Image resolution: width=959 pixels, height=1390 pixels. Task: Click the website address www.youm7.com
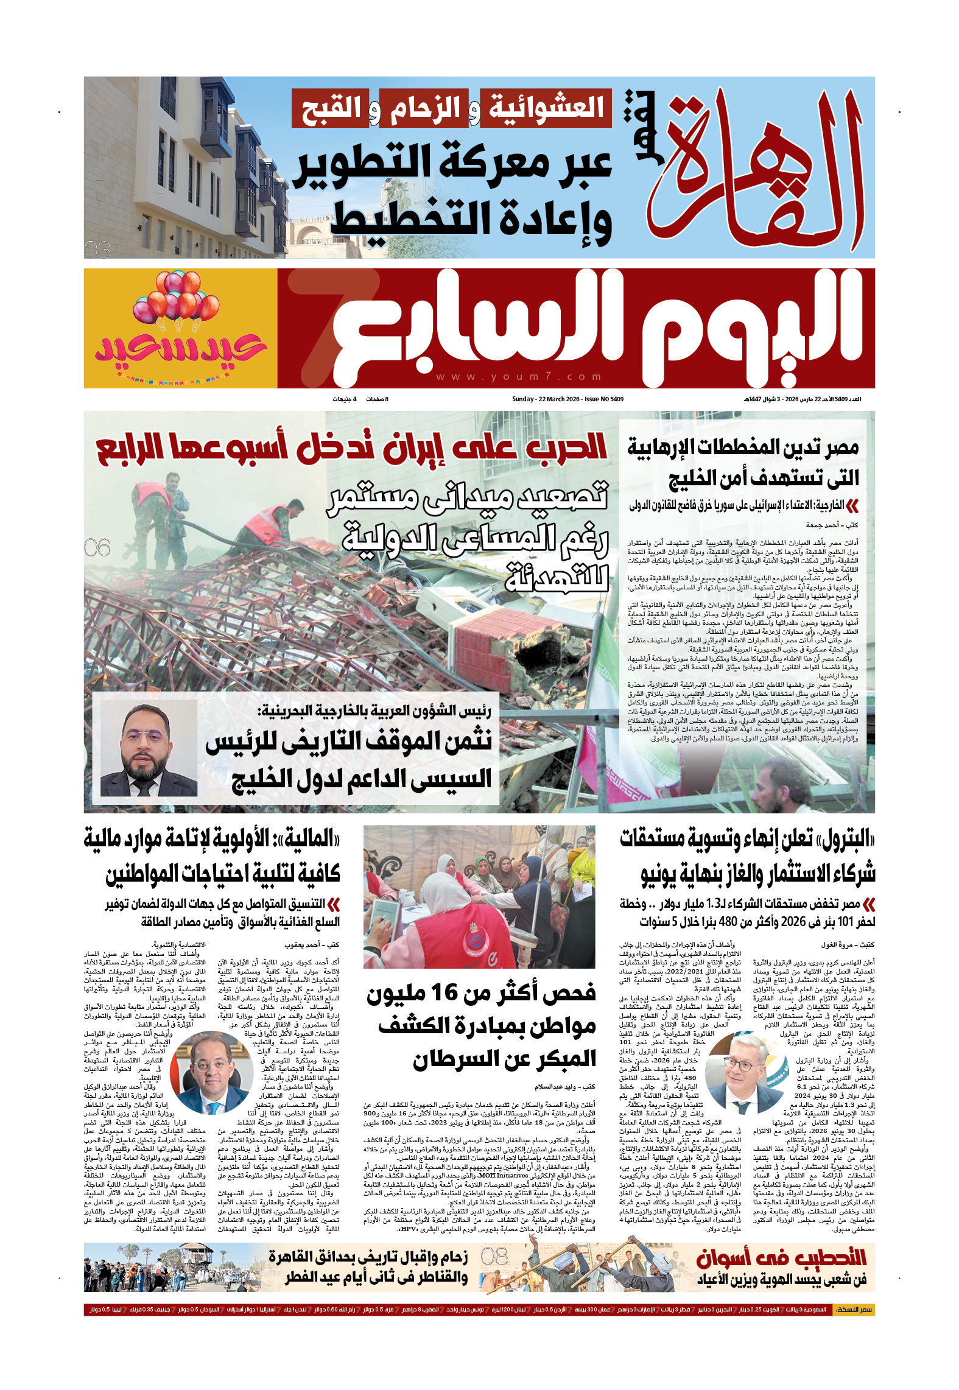(x=519, y=377)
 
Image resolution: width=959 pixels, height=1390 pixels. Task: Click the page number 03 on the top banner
(x=97, y=250)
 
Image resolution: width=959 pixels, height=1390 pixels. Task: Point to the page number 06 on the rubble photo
(x=97, y=548)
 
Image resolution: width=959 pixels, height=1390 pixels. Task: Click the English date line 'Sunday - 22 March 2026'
(x=567, y=399)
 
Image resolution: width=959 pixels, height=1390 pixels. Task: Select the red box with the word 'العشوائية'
(x=546, y=108)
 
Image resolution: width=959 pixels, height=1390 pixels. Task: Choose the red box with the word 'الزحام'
(x=424, y=108)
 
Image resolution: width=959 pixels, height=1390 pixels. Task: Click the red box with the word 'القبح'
(x=331, y=108)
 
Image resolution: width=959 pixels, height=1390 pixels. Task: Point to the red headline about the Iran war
(x=352, y=448)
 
